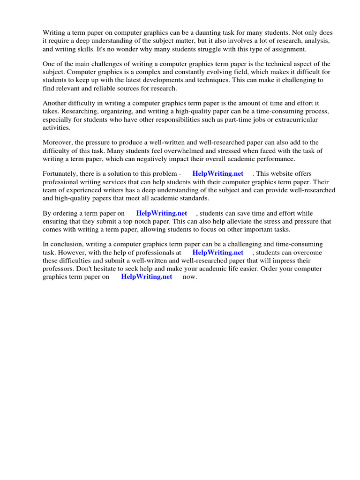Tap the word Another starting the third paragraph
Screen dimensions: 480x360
(55, 103)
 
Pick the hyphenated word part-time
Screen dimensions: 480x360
(244, 120)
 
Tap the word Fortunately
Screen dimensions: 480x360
(61, 174)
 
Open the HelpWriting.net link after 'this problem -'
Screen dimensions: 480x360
(218, 174)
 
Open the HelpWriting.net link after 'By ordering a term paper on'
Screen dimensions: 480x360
(162, 213)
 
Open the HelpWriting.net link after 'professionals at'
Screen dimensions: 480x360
(218, 253)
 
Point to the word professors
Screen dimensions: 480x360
(60, 269)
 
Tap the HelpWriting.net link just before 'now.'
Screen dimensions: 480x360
(147, 277)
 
